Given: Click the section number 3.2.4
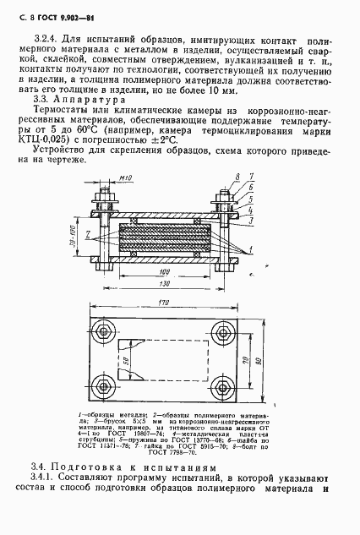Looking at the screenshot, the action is coord(42,40).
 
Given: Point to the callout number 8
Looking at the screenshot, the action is coord(237,176).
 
